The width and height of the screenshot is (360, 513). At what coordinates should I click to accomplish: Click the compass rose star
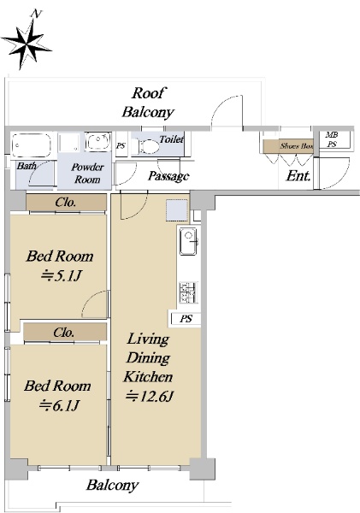point(26,44)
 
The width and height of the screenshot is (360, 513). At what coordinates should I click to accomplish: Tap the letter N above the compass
point(37,14)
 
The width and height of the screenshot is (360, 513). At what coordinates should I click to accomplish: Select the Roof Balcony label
point(148,103)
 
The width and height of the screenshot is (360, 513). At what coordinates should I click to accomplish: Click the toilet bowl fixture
point(146,146)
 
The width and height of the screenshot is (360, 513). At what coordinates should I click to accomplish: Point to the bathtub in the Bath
point(32,145)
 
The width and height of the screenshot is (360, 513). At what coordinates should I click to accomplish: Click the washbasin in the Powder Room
point(97,142)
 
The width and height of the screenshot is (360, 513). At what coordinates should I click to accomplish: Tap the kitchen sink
point(188,241)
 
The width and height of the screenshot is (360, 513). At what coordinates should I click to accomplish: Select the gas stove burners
point(188,292)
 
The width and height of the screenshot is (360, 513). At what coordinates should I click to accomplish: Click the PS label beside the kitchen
point(186,318)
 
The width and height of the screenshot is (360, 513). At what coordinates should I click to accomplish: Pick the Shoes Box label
point(296,146)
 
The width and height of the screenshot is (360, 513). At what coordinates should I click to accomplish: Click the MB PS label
point(332,139)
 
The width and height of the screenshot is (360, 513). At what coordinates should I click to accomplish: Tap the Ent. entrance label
point(298,176)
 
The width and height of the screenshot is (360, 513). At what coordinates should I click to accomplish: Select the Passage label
point(168,176)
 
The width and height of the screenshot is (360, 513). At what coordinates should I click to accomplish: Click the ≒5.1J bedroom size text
point(61,277)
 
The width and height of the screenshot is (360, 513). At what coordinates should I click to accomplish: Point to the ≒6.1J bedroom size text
point(59,406)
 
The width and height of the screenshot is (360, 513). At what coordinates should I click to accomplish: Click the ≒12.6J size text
point(150,397)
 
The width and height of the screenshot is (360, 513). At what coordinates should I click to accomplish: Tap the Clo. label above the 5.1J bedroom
point(66,203)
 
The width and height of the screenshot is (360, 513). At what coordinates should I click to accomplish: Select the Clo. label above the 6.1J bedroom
point(63,333)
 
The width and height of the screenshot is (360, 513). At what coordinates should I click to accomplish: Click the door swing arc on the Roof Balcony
point(221,103)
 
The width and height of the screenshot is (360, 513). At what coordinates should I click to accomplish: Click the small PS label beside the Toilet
point(121,145)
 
